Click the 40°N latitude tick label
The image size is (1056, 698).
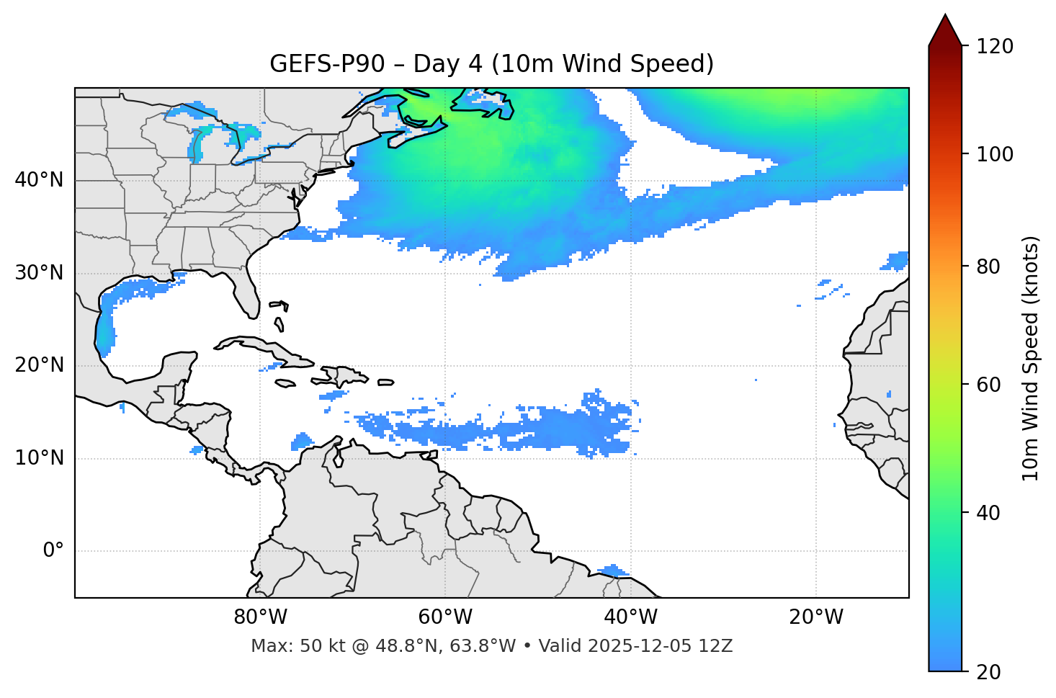39,180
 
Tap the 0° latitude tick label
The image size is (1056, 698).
53,551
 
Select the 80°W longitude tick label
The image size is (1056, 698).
260,617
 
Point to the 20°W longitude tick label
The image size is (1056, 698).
816,617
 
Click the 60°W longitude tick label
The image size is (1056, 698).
445,617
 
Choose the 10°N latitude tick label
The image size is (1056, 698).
39,458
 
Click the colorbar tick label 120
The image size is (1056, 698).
995,47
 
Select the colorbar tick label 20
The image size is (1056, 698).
988,672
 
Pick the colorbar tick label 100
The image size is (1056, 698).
995,154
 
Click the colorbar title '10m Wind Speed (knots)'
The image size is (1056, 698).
1031,358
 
